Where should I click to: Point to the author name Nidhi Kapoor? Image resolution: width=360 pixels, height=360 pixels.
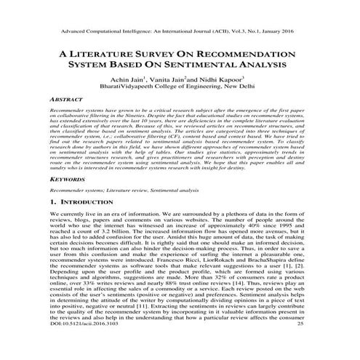coord(226,83)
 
